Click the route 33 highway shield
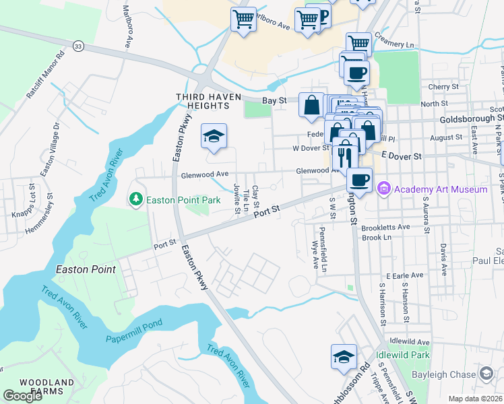click(79, 46)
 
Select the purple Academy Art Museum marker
click(384, 189)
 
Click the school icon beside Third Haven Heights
click(214, 137)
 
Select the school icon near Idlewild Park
click(344, 357)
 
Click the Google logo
click(22, 396)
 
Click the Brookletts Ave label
click(385, 227)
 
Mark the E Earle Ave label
click(404, 275)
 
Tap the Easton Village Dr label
click(51, 149)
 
